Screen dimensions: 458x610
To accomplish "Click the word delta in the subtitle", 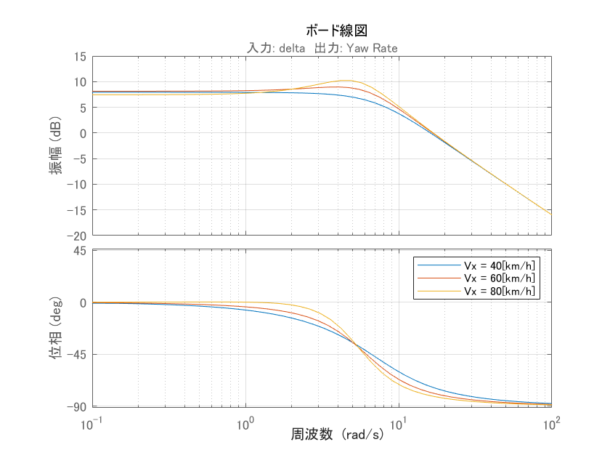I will [291, 48].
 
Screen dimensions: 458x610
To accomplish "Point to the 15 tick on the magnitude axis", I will [78, 56].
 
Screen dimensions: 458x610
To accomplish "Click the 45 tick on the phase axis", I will [79, 251].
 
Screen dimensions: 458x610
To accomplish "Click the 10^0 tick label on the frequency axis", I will [245, 421].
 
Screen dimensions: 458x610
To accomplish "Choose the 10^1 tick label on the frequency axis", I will [398, 421].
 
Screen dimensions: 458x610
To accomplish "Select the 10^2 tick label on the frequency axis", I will [551, 421].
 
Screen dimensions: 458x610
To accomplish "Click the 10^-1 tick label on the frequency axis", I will [91, 421].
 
